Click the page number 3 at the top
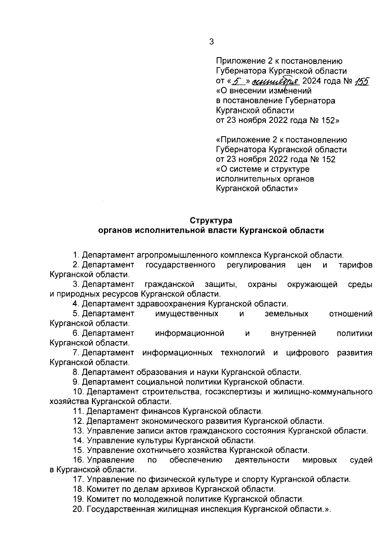212,42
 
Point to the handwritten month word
277,81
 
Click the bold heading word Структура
211,220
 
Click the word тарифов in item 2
355,265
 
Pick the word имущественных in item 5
187,314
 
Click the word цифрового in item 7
307,353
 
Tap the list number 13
78,431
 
